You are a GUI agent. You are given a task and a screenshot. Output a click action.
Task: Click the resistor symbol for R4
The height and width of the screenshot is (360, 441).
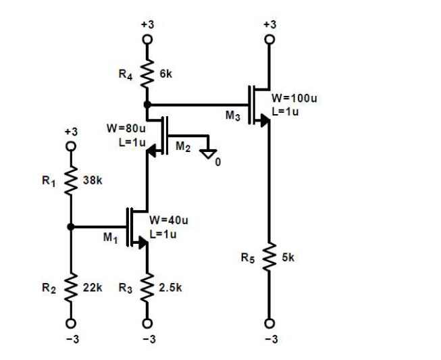(x=147, y=71)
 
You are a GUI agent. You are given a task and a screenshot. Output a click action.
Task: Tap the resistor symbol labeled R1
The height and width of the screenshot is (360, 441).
(x=70, y=180)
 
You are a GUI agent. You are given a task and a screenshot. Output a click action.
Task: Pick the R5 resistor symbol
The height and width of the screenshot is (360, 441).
(x=269, y=257)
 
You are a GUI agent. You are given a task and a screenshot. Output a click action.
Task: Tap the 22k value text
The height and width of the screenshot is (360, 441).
(x=91, y=288)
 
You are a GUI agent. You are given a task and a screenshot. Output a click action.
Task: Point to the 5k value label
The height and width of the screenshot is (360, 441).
(x=288, y=257)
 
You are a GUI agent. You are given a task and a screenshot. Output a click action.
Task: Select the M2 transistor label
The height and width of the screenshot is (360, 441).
(x=183, y=145)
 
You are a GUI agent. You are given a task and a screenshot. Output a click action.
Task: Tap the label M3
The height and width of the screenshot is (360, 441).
(x=233, y=116)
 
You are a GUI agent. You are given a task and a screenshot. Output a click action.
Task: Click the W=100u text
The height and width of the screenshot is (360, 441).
(x=294, y=99)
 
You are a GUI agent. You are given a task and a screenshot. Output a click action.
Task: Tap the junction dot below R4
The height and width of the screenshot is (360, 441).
(x=147, y=105)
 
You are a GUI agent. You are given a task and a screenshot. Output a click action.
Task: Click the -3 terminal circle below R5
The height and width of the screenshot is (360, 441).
(x=269, y=322)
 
